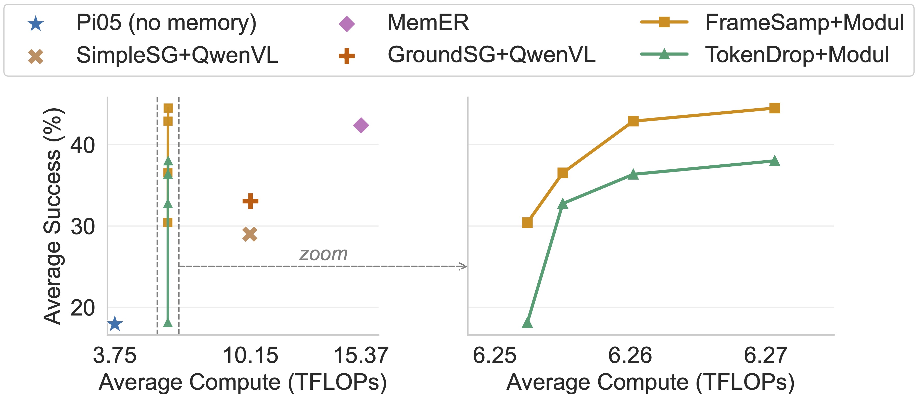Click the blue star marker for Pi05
click(115, 324)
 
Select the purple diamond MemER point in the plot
click(361, 125)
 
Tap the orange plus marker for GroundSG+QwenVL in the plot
click(250, 201)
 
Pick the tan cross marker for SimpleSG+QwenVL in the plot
click(250, 234)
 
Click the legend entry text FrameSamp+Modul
click(804, 23)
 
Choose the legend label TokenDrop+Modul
click(797, 55)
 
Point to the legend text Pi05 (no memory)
click(166, 23)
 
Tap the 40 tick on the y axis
click(82, 145)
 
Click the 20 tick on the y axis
click(82, 308)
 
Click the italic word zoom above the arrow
click(323, 254)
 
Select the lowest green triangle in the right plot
click(527, 323)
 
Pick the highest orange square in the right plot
click(775, 108)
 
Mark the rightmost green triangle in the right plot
click(775, 161)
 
